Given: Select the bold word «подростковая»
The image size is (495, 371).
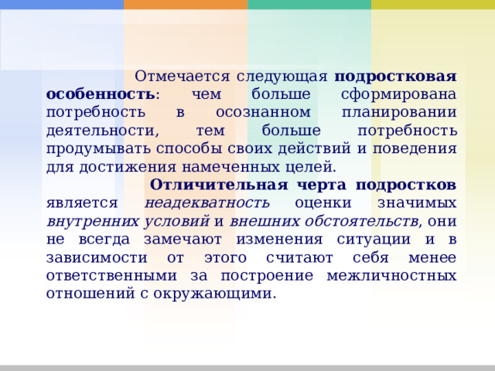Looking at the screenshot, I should (394, 77).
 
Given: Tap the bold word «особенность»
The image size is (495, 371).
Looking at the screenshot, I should (101, 94).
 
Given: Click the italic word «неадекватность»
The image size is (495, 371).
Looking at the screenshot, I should (207, 203).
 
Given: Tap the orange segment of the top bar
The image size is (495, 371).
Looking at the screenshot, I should (186, 5).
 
